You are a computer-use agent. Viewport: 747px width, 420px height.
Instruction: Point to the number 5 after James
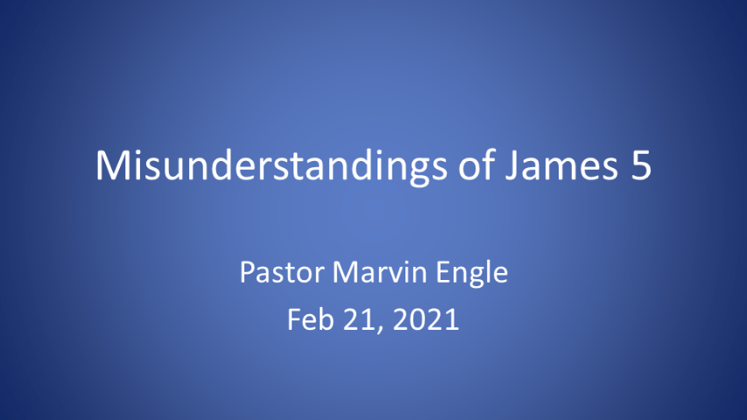pyautogui.click(x=640, y=166)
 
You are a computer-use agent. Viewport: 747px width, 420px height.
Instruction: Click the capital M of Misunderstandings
pyautogui.click(x=109, y=166)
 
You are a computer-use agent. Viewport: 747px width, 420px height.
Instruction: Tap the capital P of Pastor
pyautogui.click(x=246, y=275)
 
